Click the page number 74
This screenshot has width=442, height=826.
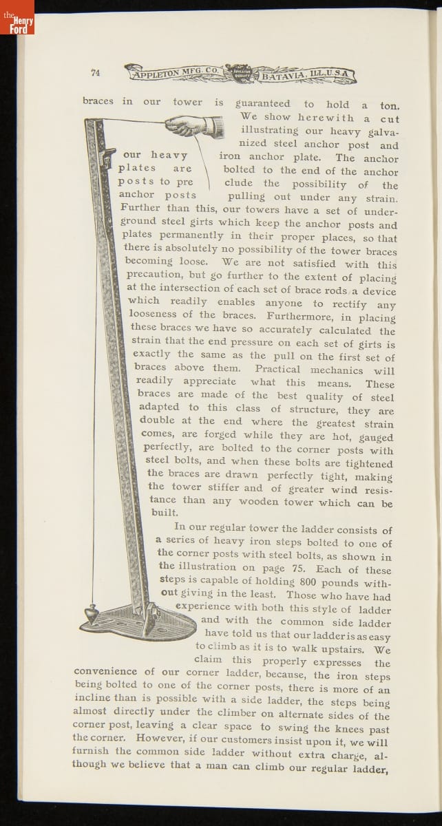click(96, 74)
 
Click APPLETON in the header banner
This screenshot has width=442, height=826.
click(160, 73)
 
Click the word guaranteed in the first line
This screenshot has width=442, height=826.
click(263, 104)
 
